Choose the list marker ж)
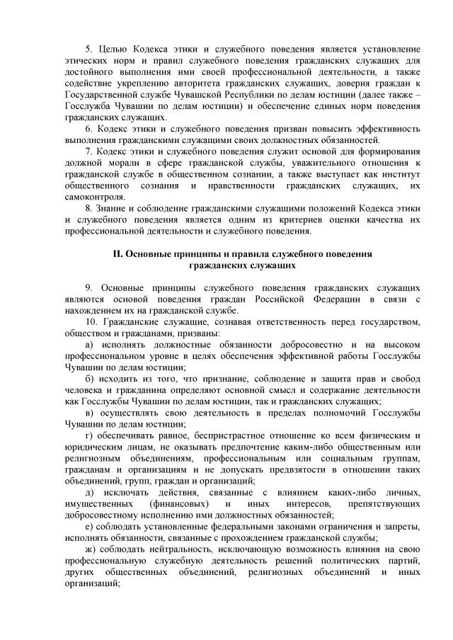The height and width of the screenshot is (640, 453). pos(88,549)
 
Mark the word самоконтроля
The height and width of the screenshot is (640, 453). pos(79,196)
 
